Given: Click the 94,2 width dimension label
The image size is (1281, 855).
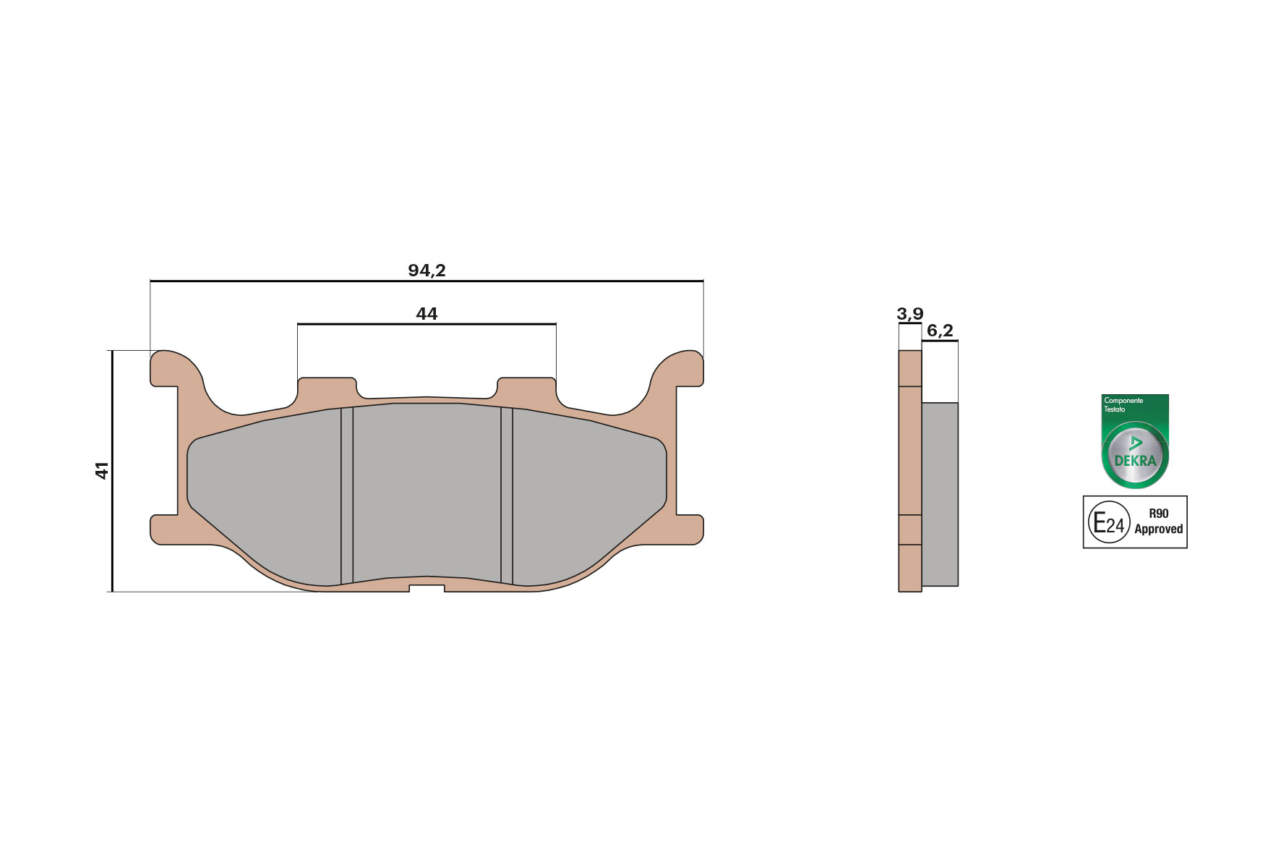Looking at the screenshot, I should pos(427,271).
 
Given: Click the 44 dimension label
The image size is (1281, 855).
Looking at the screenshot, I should pos(427,314).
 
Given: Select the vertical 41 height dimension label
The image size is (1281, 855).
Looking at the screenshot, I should pos(102,470).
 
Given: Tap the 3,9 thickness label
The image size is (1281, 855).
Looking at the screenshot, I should pos(909,314).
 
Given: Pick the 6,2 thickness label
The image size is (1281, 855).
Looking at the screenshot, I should pos(940,331).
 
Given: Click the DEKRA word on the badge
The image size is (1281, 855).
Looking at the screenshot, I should pos(1135,461).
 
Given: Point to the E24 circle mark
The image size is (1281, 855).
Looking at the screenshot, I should pos(1109,522).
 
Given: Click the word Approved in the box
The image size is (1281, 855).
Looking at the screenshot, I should pos(1158,529).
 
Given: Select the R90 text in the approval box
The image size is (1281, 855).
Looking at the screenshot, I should pos(1158,514).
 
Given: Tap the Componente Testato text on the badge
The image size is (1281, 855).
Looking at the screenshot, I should pos(1123,404).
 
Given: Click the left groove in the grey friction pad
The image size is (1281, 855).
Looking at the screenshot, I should pos(347,495).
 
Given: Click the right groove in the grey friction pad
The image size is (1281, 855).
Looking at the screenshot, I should pos(507,495).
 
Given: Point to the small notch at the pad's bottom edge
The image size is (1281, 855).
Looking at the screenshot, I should pos(427,588).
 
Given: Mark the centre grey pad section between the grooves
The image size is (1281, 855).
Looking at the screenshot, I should pos(427,492).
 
